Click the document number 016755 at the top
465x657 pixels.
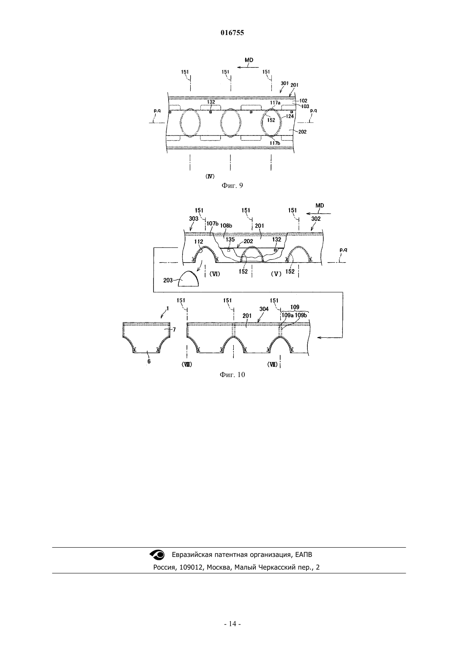click(x=232, y=33)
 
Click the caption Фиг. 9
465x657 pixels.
click(x=232, y=186)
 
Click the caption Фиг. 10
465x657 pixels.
click(x=232, y=375)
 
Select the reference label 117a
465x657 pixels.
click(x=275, y=103)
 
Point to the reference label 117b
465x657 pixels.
click(x=275, y=143)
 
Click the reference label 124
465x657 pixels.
click(x=290, y=117)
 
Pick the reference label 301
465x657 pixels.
click(x=285, y=83)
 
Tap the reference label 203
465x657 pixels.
click(x=168, y=280)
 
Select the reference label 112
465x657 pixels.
click(x=199, y=242)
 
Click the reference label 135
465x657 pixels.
click(x=230, y=240)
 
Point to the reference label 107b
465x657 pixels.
click(x=213, y=224)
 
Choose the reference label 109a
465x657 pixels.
click(x=288, y=315)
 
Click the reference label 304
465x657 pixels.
click(x=264, y=309)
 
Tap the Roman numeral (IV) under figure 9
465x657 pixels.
click(x=210, y=176)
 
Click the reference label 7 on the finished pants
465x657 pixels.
click(x=174, y=330)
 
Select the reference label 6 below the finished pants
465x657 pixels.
click(x=149, y=361)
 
